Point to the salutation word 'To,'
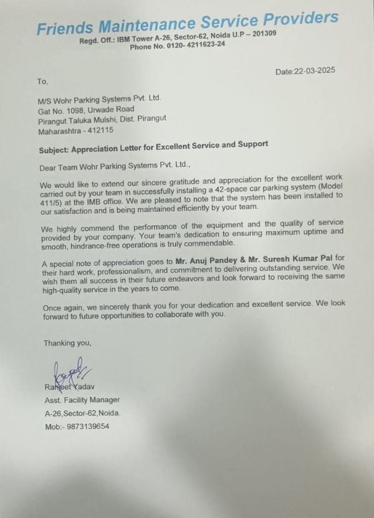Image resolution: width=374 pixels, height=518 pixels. pos(42,81)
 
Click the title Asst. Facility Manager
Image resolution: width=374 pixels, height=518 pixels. pos(82,400)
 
